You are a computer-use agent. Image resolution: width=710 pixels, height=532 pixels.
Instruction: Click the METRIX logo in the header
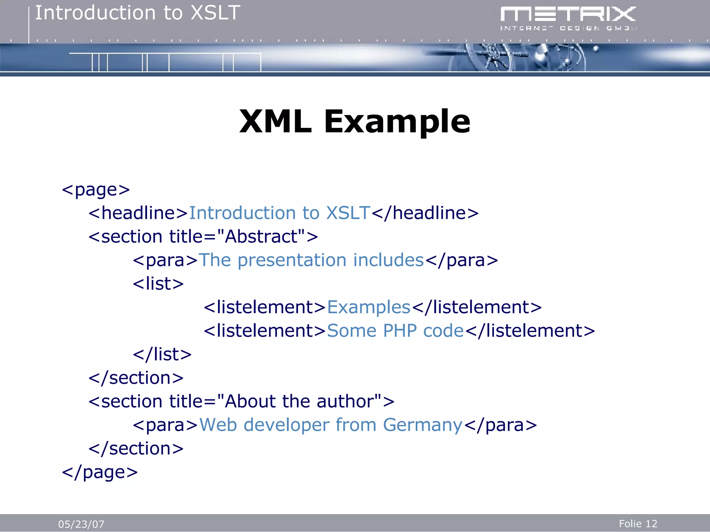point(568,18)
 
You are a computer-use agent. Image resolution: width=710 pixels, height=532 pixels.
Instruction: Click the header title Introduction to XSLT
point(138,13)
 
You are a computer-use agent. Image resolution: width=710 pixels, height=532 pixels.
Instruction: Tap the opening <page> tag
point(96,190)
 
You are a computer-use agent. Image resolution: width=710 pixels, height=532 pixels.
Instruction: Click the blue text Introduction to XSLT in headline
point(279,213)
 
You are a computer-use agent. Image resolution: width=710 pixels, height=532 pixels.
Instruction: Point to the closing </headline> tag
point(425,213)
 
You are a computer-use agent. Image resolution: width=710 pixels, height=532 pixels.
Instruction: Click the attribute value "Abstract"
point(261,237)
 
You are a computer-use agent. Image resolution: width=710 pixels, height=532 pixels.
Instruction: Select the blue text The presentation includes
point(311,260)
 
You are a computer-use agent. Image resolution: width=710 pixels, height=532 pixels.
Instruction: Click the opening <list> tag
point(158,284)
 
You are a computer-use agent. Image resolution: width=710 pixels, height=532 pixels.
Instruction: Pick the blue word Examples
point(369,307)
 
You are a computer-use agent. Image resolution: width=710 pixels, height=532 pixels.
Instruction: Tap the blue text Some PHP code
point(395,331)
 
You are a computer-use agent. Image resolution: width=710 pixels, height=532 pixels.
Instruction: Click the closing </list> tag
point(162,354)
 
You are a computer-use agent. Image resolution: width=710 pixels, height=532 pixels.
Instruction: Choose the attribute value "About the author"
point(299,401)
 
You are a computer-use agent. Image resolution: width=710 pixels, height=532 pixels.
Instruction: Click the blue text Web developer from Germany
point(331,425)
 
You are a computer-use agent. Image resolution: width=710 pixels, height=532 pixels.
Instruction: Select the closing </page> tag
point(100,472)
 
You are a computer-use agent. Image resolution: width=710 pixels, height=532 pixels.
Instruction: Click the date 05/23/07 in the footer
point(81,524)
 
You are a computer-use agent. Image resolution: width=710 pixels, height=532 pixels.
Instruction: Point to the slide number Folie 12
point(638,524)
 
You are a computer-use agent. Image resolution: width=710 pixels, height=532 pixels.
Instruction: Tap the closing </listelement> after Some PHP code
point(530,331)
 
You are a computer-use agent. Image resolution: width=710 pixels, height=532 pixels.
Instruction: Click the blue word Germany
point(422,425)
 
